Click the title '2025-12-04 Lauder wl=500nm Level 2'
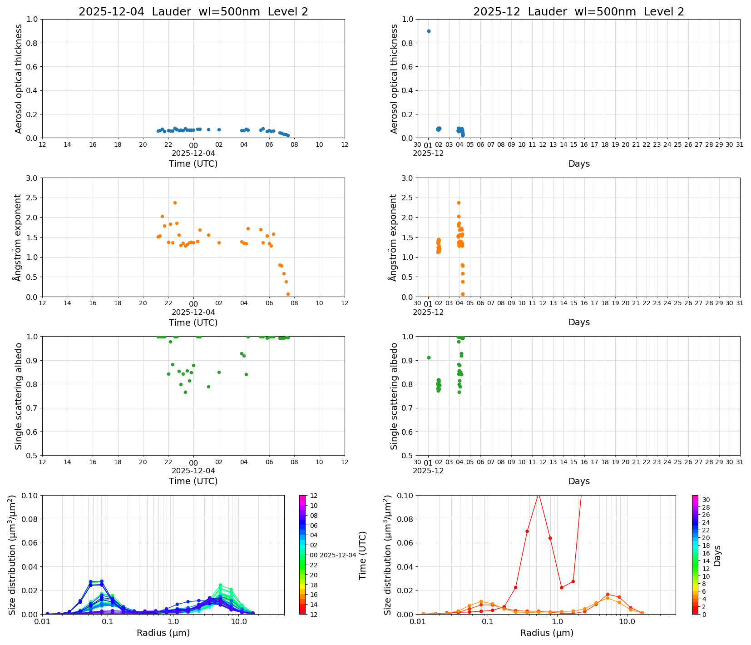[x=193, y=12]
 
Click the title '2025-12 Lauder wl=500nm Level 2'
[x=578, y=12]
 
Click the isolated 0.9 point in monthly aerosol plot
[x=429, y=31]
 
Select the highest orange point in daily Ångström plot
[x=175, y=203]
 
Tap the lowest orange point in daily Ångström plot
[x=288, y=294]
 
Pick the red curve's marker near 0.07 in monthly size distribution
[x=527, y=531]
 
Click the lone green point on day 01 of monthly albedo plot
[x=429, y=358]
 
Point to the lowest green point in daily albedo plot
[x=185, y=392]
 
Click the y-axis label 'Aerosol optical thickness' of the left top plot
[x=19, y=79]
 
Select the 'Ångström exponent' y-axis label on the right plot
[x=393, y=238]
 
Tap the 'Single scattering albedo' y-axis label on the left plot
[x=19, y=396]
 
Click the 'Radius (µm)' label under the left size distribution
[x=163, y=633]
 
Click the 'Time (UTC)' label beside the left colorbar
[x=362, y=555]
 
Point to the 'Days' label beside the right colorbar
[x=717, y=555]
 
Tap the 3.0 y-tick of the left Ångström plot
[x=32, y=178]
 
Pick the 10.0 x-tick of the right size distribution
[x=627, y=621]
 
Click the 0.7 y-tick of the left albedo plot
[x=32, y=408]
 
